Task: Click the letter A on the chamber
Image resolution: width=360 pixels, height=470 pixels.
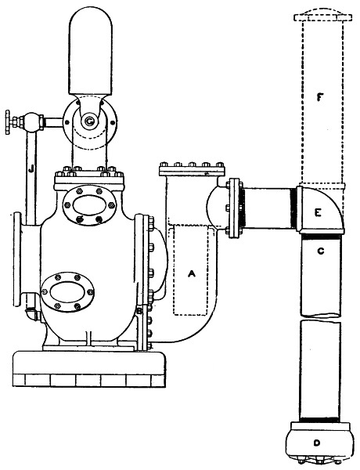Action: click(192, 273)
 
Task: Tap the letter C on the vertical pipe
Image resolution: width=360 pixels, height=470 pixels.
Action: click(320, 251)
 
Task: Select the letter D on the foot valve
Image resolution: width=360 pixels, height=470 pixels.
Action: click(317, 443)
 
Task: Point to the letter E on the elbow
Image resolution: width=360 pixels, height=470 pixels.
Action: click(318, 212)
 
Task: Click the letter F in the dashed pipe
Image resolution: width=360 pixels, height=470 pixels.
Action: click(320, 97)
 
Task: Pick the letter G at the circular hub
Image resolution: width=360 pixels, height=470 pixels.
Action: click(89, 121)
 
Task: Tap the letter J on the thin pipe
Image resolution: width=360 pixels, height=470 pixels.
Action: click(31, 169)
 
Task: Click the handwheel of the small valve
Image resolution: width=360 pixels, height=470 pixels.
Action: click(8, 122)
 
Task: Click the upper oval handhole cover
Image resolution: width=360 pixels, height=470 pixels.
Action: click(89, 205)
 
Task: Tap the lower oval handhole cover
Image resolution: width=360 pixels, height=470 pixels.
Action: click(67, 291)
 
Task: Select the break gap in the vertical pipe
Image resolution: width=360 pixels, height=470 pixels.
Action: click(320, 318)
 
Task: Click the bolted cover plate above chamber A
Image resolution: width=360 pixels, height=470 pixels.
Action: click(192, 170)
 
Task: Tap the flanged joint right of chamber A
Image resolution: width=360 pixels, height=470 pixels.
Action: click(235, 208)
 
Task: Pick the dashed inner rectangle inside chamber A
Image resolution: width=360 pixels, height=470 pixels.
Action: click(191, 272)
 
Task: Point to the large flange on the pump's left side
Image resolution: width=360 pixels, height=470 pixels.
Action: click(17, 259)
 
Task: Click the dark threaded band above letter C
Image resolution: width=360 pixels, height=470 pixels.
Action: click(321, 237)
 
